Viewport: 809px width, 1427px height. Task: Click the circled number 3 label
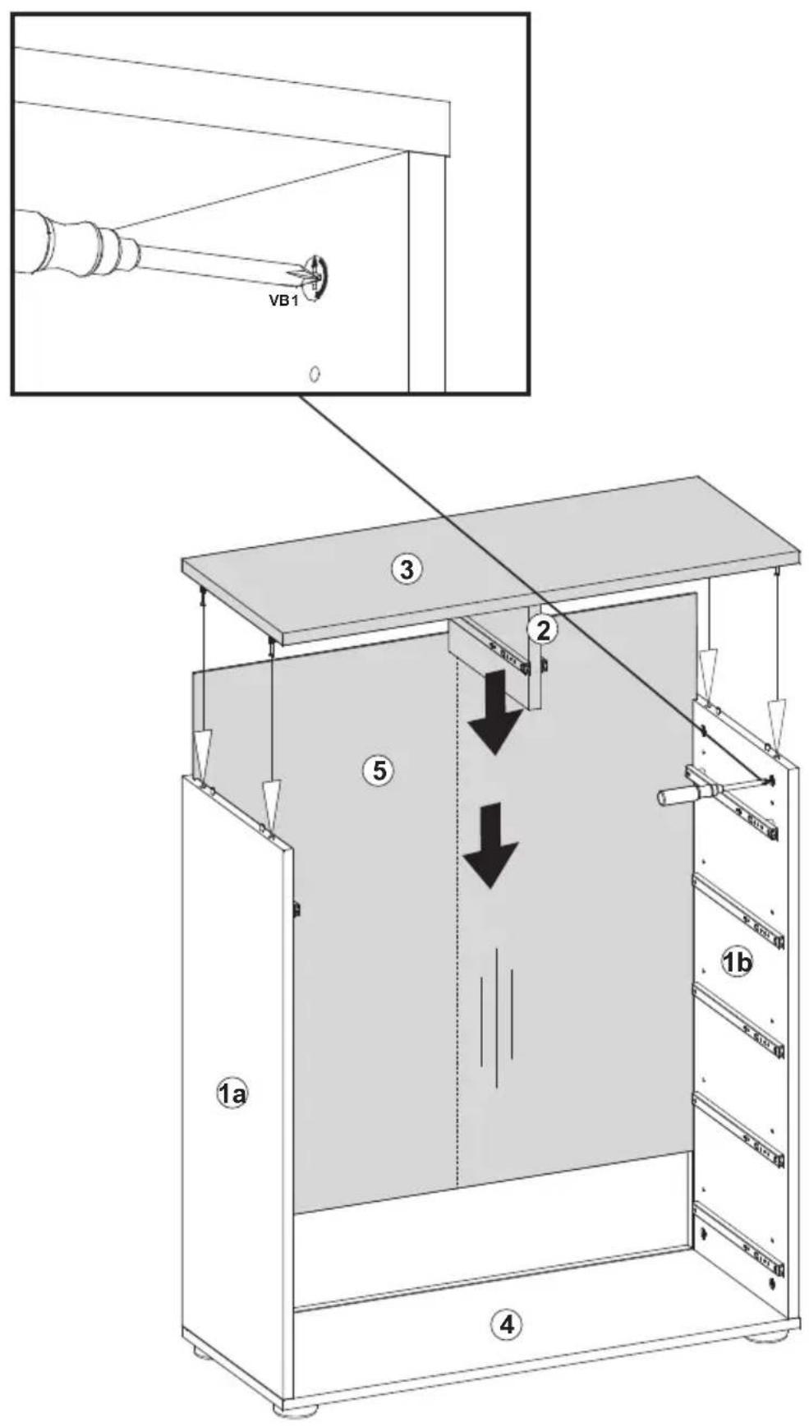(x=406, y=568)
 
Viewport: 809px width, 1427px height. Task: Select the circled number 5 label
(x=379, y=770)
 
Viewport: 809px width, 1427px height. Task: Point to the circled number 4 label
(x=506, y=1323)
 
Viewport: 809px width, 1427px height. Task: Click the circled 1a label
(x=232, y=1093)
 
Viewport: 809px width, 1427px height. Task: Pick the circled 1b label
(x=737, y=960)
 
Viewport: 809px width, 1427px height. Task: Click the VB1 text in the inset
(x=283, y=300)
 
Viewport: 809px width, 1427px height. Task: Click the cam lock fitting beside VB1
(x=316, y=274)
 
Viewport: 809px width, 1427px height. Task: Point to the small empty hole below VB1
(x=314, y=374)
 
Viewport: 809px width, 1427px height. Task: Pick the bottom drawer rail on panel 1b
(x=738, y=1240)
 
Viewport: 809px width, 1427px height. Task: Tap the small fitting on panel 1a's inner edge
(x=297, y=909)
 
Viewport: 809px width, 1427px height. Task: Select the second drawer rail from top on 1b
(x=738, y=912)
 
